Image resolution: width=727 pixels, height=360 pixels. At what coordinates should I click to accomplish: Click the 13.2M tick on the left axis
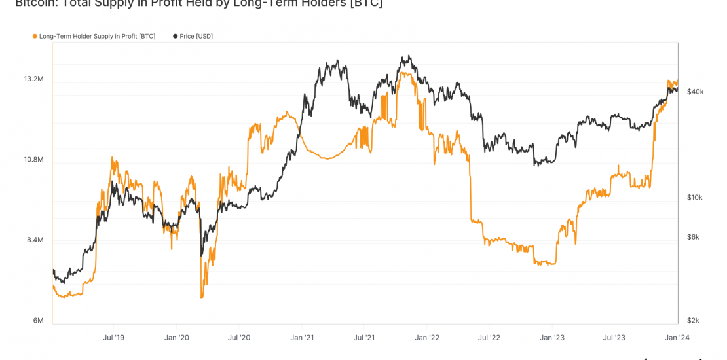point(33,79)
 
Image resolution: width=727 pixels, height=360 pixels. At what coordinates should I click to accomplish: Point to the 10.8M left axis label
point(33,160)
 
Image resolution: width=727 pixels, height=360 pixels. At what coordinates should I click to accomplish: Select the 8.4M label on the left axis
point(35,240)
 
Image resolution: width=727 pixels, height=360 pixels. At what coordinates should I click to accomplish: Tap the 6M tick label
point(38,321)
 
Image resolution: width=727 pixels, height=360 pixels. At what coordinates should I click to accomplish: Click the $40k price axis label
point(695,92)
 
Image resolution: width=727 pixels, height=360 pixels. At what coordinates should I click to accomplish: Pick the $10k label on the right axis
point(694,198)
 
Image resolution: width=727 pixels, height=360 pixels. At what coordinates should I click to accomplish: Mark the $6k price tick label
point(692,238)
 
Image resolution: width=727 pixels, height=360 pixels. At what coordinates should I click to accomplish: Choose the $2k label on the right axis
point(692,321)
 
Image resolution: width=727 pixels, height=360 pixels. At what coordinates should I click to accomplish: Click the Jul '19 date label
point(113,338)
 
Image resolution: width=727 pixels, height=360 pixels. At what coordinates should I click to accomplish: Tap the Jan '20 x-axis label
point(176,338)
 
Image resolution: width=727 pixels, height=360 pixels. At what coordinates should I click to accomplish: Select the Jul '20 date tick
point(238,338)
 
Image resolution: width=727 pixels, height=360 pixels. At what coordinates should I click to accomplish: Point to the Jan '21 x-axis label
point(301,338)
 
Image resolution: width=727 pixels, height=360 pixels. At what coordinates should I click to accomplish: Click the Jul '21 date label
point(363,338)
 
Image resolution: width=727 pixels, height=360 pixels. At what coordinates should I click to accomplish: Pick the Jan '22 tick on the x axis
point(426,338)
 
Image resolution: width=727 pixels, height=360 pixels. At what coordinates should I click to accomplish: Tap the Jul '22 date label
point(489,338)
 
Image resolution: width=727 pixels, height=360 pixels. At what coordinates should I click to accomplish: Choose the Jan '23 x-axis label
point(551,338)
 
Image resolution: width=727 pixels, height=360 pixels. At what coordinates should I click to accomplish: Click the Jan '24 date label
point(677,338)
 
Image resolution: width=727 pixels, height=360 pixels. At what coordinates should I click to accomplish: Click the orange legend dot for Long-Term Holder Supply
point(35,37)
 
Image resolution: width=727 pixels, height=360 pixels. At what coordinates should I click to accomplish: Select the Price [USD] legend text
point(196,37)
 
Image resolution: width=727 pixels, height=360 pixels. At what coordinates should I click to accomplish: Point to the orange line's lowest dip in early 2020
point(202,298)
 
